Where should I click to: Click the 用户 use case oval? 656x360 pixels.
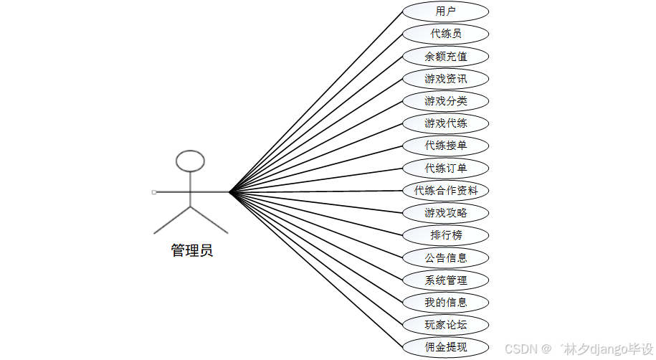coord(445,11)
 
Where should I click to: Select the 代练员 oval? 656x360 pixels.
coord(445,34)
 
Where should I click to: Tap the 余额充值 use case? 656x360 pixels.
coord(445,56)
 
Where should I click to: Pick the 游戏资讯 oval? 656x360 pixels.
coord(445,78)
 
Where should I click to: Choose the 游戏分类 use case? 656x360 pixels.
coord(445,100)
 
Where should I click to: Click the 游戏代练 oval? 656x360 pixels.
coord(445,123)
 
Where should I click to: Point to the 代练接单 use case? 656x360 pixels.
coord(445,146)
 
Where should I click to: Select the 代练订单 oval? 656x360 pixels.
coord(445,168)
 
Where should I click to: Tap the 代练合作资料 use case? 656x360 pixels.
coord(445,191)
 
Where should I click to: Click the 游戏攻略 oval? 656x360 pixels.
coord(445,212)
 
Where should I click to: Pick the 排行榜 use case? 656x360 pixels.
coord(445,235)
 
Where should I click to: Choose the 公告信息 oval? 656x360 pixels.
coord(445,257)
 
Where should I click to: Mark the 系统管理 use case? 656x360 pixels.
coord(445,280)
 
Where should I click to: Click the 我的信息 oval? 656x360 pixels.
coord(445,302)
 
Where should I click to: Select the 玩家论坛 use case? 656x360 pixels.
coord(445,324)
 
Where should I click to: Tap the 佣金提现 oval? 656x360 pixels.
coord(445,347)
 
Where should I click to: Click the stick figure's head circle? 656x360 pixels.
coord(190,161)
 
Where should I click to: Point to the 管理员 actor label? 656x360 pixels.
coord(191,251)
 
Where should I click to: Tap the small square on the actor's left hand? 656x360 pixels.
coord(154,192)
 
